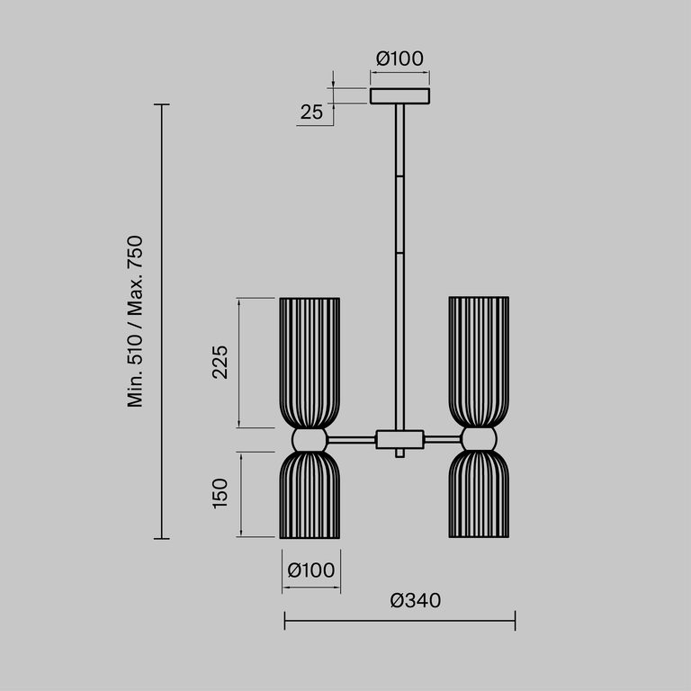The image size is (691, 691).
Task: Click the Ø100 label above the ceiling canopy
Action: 399,58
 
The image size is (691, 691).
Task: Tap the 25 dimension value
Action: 311,112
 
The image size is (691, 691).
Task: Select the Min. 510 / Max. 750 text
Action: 136,321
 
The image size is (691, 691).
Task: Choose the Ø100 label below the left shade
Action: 311,570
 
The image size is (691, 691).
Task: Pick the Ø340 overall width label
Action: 416,600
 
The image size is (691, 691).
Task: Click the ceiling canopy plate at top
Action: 399,95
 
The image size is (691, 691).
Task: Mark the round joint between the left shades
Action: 310,440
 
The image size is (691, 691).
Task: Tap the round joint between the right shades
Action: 479,440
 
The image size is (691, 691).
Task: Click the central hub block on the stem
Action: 399,440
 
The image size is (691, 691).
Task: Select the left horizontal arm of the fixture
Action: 351,440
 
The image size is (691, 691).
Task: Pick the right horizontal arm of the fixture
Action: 442,440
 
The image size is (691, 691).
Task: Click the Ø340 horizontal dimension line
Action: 399,620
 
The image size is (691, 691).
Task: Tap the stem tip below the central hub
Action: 399,454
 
